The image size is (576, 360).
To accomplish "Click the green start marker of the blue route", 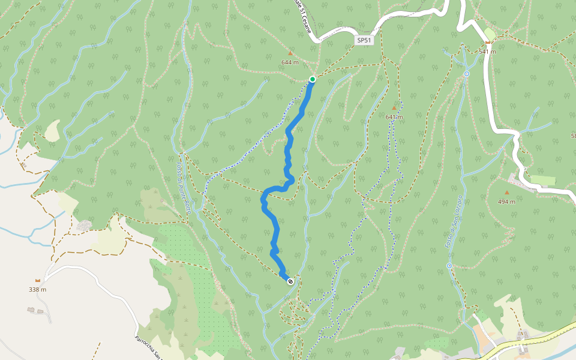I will point(313,79).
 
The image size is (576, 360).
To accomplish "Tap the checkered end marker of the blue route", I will point(290,281).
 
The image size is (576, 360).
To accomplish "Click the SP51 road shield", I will point(364,40).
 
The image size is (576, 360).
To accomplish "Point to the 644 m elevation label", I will point(290,62).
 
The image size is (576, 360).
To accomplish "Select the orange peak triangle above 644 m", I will point(290,53).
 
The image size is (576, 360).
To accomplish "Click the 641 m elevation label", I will point(394,117).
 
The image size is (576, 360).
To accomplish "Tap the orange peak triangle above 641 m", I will point(394,108).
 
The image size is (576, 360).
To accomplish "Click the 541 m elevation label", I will point(487,52).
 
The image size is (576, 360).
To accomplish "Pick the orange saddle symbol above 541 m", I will point(488,43).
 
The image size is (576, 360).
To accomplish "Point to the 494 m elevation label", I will point(506,202).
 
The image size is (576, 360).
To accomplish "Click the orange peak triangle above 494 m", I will point(506,193).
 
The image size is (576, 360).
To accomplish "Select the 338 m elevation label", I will point(37,290).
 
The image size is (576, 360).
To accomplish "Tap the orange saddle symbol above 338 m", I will point(38,280).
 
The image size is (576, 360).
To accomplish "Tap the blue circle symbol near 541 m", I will point(467,74).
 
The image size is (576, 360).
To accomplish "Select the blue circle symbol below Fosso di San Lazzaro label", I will point(449,265).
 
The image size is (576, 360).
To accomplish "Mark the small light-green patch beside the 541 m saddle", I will point(490,34).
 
